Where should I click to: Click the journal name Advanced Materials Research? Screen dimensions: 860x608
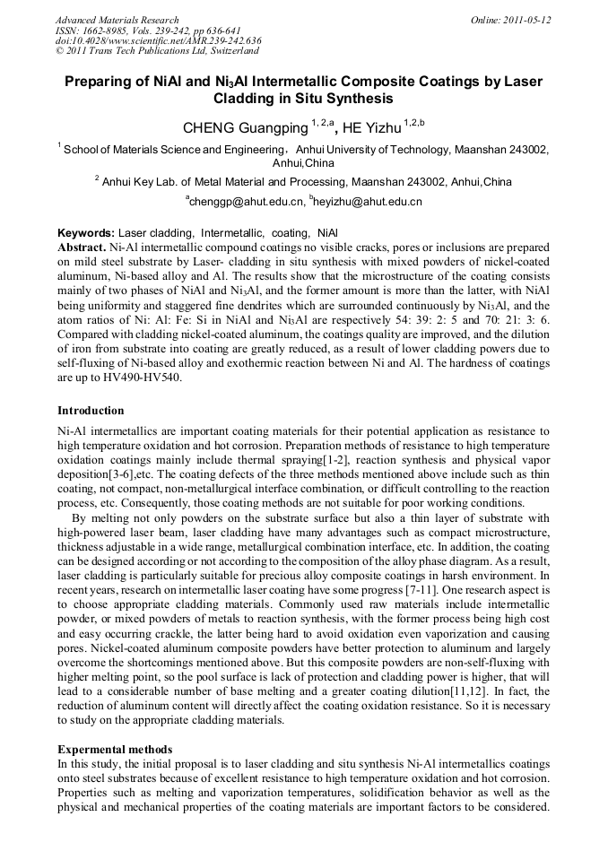tap(117, 20)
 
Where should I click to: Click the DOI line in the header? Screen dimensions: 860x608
tap(158, 40)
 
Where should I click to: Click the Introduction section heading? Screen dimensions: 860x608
tap(91, 411)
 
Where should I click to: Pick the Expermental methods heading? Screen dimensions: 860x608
tap(115, 749)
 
